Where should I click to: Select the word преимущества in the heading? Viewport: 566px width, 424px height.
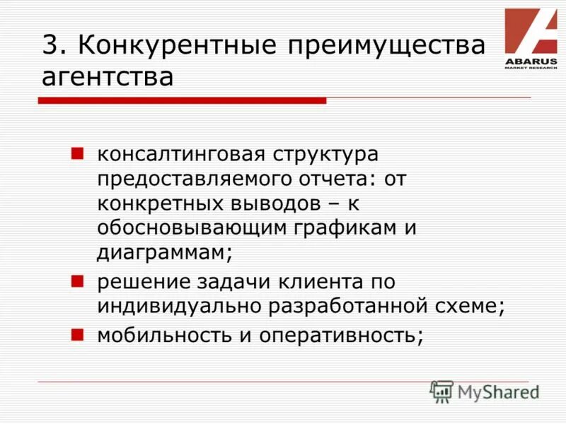pos(388,47)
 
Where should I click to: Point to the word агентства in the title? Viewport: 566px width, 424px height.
pos(108,76)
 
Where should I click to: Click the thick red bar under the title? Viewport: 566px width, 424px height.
pos(182,100)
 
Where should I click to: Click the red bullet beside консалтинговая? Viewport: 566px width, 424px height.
pos(79,152)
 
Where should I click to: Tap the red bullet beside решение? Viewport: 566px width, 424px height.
pos(79,280)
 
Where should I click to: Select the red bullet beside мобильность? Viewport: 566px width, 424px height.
pos(79,331)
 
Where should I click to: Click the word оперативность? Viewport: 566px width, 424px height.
pos(340,334)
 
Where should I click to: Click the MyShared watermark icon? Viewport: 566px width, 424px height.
pos(441,391)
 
